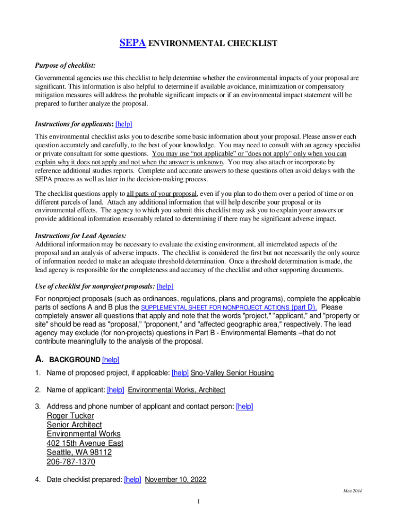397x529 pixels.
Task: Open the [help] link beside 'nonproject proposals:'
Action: coord(165,286)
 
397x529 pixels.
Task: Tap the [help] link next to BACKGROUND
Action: coord(111,360)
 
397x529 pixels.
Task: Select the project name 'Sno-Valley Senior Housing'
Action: coord(232,373)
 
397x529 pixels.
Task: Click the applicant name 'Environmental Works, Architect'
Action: coord(176,390)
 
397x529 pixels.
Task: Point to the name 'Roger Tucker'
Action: coord(71,416)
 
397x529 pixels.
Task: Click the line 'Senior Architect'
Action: coord(74,425)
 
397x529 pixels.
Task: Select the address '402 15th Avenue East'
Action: coord(85,443)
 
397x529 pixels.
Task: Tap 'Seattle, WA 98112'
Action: coord(79,453)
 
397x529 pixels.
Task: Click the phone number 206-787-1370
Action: coord(71,462)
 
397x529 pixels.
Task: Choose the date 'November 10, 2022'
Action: coord(175,479)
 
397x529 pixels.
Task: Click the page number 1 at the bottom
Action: coord(198,501)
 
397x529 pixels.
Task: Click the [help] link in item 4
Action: coord(133,479)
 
